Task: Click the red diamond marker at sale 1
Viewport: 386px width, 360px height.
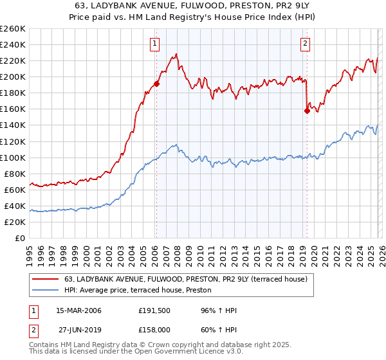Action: [156, 84]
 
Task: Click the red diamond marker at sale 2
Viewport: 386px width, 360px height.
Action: [307, 111]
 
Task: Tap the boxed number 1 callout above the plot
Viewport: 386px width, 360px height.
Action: [156, 44]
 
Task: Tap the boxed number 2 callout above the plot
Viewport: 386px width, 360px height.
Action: [305, 44]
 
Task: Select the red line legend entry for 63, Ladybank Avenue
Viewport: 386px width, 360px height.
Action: [187, 279]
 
